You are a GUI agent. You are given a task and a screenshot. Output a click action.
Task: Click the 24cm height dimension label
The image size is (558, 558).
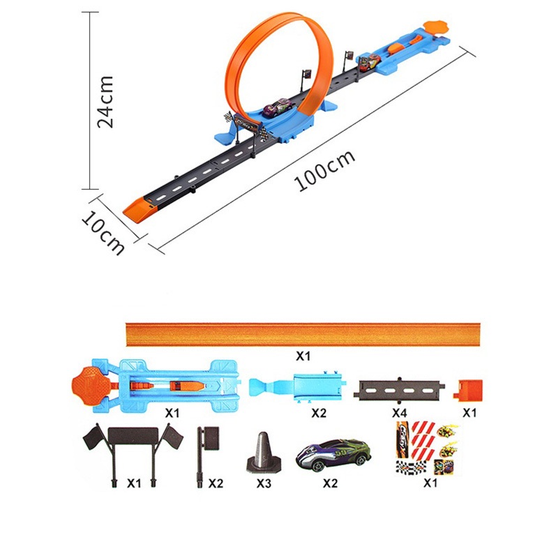click(x=106, y=102)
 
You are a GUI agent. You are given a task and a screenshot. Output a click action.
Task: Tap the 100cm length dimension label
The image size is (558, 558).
click(x=324, y=170)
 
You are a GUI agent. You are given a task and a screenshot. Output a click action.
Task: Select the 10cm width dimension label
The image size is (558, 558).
click(x=103, y=233)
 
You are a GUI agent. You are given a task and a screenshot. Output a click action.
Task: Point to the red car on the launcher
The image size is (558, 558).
click(x=368, y=62)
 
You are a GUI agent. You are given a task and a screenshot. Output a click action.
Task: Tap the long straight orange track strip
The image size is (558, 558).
click(x=303, y=334)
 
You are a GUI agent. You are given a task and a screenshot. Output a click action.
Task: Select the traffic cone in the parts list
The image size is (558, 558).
click(x=264, y=453)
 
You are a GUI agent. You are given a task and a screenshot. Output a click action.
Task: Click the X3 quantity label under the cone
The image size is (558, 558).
click(x=264, y=483)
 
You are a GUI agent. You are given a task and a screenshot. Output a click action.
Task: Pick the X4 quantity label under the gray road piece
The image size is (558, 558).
click(x=399, y=413)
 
